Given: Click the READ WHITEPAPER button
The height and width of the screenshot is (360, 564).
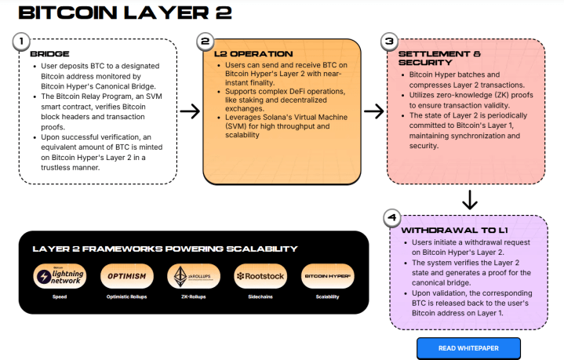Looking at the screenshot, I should point(468,348).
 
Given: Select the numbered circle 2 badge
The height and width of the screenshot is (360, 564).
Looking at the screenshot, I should point(205,40).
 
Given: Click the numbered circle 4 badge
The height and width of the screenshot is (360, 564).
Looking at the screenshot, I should point(392,216).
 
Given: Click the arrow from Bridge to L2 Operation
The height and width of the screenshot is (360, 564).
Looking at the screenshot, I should point(190,111).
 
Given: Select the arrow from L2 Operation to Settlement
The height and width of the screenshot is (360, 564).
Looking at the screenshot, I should point(373,111).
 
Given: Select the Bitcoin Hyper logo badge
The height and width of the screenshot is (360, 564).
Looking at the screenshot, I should point(327,277).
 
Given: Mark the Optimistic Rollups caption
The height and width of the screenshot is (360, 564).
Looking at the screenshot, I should point(124,297).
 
